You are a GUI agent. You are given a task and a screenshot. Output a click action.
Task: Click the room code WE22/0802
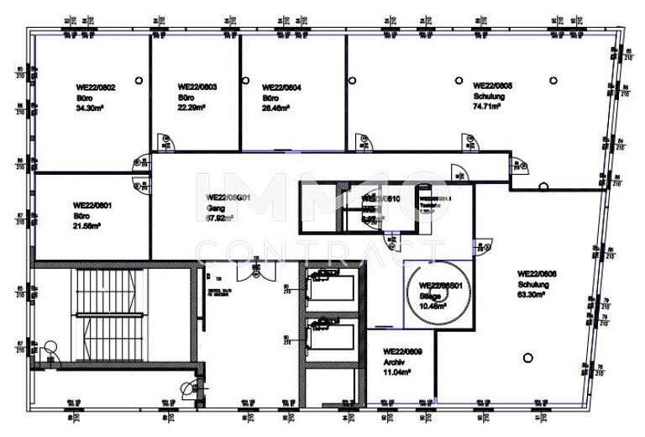coord(95,87)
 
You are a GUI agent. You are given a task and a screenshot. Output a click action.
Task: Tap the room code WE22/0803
coord(198,87)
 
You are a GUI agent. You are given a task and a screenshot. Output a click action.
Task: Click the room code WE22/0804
coord(282,87)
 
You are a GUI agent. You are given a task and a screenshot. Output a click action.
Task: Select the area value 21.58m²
coord(87,226)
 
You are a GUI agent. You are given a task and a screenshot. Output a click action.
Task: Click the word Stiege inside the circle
coord(430,297)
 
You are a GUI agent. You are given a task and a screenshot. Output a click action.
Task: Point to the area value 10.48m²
coord(432,307)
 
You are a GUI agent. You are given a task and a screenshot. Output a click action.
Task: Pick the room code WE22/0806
coord(537,274)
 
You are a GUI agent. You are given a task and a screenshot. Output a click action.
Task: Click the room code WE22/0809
coord(401,351)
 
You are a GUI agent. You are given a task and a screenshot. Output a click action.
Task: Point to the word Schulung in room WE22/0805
coord(489,97)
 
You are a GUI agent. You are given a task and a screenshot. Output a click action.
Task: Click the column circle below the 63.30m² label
coord(527,356)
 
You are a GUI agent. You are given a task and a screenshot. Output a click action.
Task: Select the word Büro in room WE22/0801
coord(82,215)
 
